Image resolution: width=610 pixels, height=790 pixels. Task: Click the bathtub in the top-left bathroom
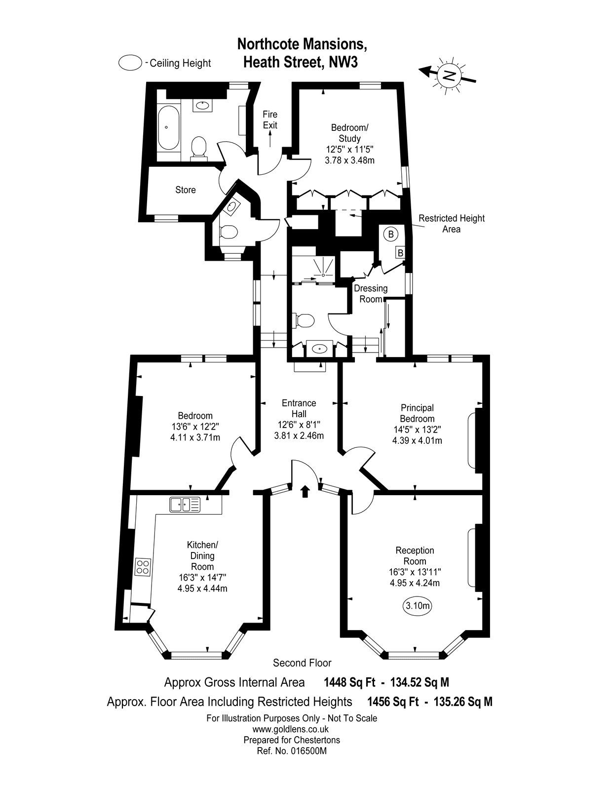click(x=169, y=127)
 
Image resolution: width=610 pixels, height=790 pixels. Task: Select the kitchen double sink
click(x=185, y=504)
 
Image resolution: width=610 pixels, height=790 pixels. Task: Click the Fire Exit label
click(x=270, y=120)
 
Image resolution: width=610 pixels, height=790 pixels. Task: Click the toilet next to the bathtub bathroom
click(x=198, y=148)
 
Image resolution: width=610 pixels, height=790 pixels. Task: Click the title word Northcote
click(x=268, y=44)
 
